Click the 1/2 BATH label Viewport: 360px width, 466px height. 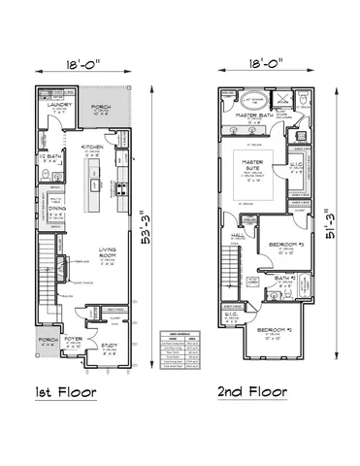50,157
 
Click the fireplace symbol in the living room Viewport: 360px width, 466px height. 65,265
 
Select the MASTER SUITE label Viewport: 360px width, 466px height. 253,171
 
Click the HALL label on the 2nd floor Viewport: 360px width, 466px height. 238,234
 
